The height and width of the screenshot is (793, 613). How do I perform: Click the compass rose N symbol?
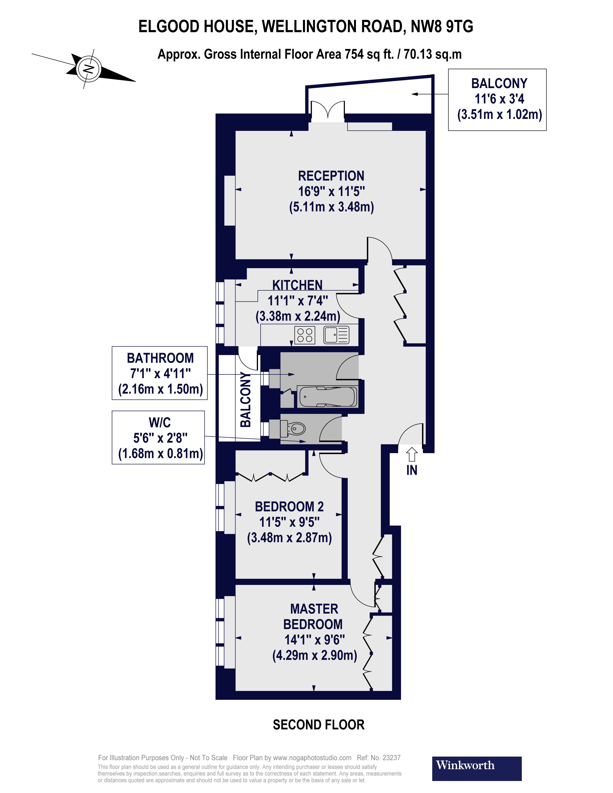point(88,69)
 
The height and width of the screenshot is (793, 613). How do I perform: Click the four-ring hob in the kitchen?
point(305,335)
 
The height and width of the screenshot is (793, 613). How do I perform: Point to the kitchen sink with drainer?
point(336,335)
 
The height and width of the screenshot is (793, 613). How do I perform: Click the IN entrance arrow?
point(411,454)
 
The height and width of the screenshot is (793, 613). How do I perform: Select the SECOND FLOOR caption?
point(319,725)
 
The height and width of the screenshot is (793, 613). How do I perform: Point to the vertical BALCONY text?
point(246,399)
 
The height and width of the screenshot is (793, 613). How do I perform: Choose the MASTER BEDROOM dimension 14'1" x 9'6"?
point(314,639)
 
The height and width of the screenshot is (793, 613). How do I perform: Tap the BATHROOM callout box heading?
point(160,358)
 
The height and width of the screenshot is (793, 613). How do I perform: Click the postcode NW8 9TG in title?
point(442,26)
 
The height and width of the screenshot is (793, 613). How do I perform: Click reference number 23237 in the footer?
point(391,758)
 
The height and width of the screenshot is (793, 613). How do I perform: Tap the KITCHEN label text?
point(297,285)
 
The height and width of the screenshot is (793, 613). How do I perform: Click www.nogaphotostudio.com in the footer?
point(312,758)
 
